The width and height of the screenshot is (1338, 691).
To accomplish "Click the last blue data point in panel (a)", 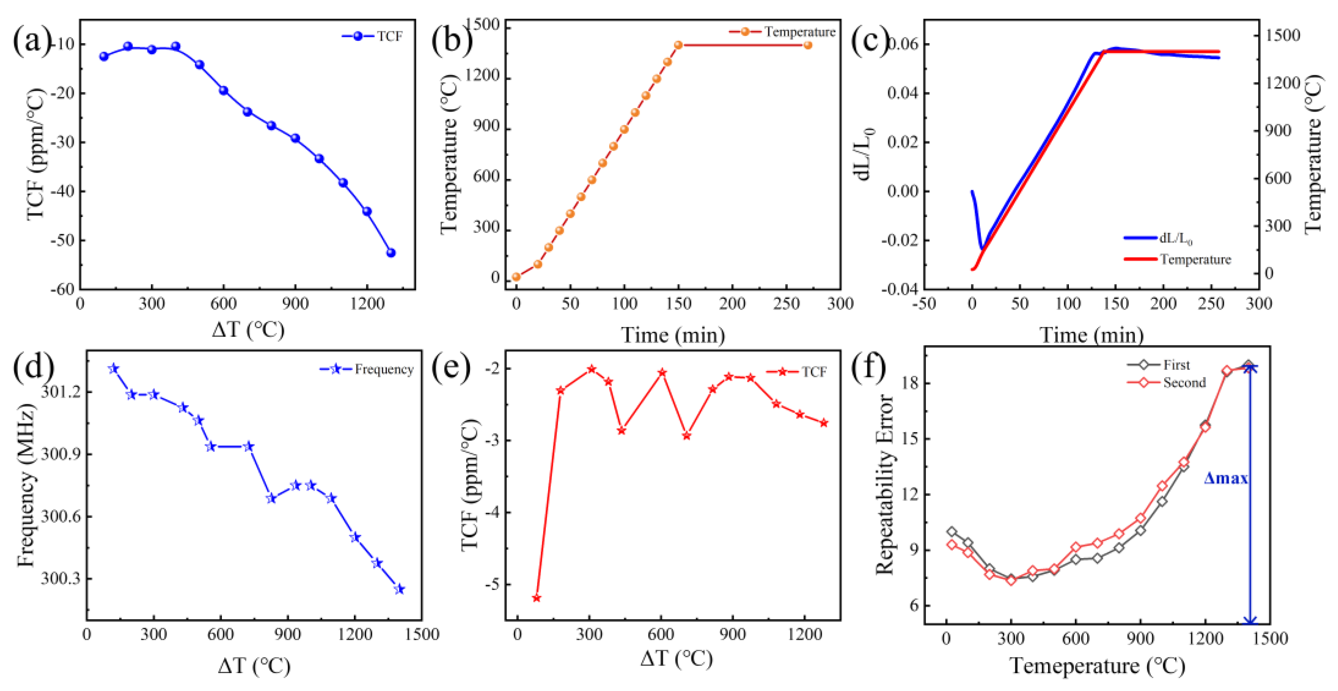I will tap(390, 252).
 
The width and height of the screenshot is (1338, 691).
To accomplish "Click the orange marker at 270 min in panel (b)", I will tap(808, 45).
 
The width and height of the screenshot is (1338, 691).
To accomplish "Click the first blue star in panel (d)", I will tap(114, 369).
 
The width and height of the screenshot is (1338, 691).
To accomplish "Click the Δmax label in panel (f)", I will tap(1225, 478).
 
